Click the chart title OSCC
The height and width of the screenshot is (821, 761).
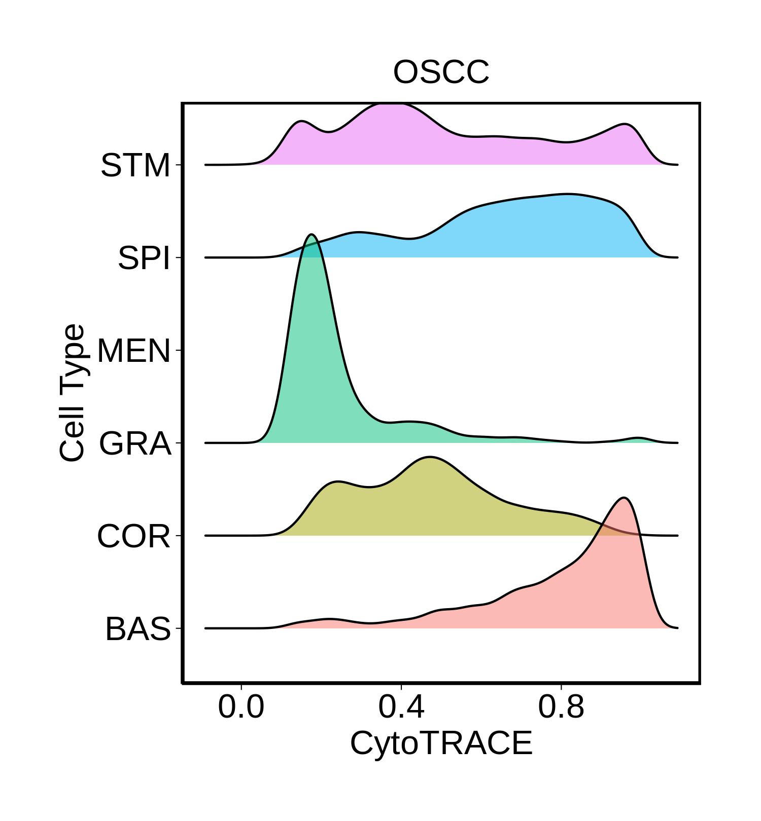(441, 72)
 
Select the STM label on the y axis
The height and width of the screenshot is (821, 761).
(135, 165)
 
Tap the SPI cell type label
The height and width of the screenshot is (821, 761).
(144, 258)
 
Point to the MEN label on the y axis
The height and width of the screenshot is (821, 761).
(133, 351)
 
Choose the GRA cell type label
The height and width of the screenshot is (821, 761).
(135, 443)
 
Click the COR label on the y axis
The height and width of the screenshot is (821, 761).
(133, 536)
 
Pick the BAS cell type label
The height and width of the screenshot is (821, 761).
(138, 629)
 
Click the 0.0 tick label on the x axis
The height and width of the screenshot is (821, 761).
(241, 707)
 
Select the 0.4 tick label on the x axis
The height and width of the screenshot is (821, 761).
(401, 707)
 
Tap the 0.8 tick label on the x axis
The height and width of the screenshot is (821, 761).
(561, 707)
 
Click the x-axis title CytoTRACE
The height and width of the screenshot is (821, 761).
(441, 743)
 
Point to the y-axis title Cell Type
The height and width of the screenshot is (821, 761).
(72, 393)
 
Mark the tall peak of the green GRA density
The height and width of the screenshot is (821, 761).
(312, 236)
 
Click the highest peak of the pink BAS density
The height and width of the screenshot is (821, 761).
(624, 499)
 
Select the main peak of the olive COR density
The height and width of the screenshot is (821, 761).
(430, 458)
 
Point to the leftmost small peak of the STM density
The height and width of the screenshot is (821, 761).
(301, 123)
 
